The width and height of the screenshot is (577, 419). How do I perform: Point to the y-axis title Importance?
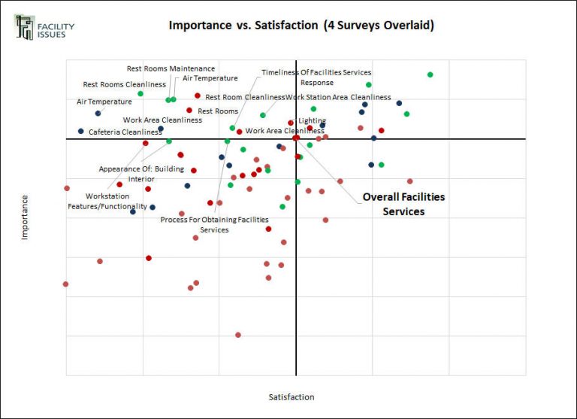(25, 217)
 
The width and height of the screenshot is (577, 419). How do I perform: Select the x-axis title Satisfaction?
(292, 397)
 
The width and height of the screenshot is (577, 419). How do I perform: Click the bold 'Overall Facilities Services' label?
(403, 204)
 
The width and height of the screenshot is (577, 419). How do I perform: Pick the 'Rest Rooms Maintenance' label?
(171, 69)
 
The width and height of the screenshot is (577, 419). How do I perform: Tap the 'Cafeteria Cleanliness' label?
(125, 132)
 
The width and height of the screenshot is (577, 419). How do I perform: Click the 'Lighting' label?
(313, 120)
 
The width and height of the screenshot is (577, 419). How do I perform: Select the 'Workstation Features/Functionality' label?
(107, 201)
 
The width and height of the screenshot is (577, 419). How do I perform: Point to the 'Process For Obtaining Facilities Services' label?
(214, 224)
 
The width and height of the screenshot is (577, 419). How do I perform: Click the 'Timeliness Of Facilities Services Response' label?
(316, 77)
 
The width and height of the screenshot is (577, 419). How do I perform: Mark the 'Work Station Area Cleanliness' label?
(338, 97)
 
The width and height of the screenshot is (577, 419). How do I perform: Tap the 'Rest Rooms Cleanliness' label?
(124, 85)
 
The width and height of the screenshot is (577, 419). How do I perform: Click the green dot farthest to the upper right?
(430, 74)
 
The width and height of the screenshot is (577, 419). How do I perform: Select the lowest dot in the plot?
(238, 335)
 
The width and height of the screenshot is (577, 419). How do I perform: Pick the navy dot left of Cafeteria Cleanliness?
(80, 132)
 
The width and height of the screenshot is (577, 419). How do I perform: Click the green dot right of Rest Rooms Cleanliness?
(140, 94)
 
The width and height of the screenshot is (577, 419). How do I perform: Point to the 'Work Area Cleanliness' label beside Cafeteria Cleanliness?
(162, 120)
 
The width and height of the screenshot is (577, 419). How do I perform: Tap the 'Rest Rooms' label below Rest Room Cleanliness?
(218, 111)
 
